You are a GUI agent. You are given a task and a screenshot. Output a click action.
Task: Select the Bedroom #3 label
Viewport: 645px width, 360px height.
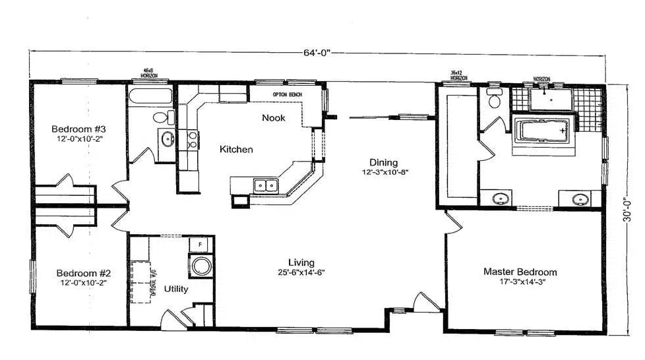79,129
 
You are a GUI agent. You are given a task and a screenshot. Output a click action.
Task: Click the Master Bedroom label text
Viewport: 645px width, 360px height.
520,272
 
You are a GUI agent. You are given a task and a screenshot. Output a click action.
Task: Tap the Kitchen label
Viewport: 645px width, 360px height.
236,150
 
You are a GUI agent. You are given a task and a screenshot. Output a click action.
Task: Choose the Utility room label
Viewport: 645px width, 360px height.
175,289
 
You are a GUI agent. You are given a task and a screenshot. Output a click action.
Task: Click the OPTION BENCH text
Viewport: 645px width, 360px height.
288,95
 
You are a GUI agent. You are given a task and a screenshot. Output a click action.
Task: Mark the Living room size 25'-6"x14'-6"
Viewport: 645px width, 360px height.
301,272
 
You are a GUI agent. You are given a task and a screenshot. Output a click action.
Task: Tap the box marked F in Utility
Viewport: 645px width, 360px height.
199,245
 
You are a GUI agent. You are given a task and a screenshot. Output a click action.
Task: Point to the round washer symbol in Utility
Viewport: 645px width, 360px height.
200,266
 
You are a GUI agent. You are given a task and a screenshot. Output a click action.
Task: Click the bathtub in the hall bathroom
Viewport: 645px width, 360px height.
150,96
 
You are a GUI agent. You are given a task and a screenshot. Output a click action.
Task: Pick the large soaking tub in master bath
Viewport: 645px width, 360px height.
541,131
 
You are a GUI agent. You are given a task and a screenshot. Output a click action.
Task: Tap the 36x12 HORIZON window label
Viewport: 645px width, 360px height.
459,75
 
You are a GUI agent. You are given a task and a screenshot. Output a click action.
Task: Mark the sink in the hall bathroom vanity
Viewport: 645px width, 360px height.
167,139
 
